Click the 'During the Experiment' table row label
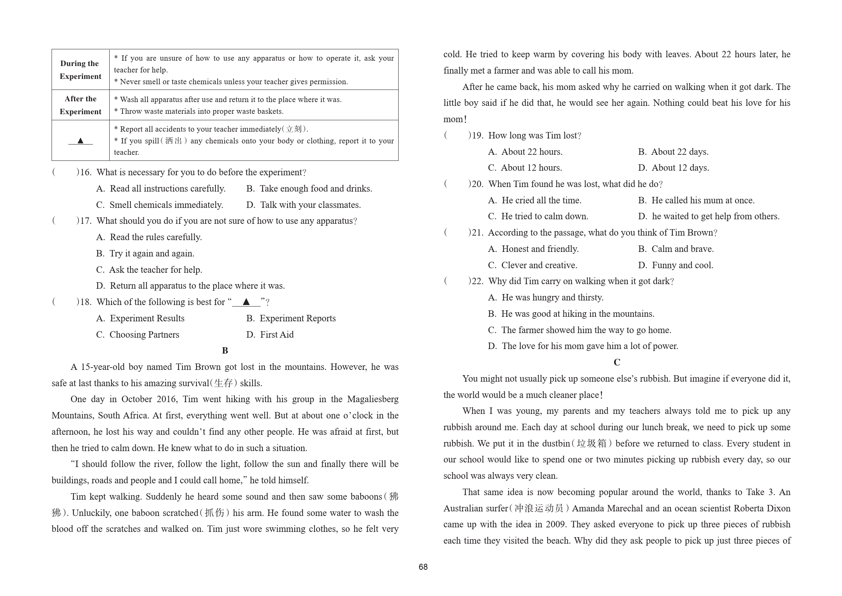pos(80,70)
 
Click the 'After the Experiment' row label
pos(80,105)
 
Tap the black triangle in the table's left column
pos(80,141)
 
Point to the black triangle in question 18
pos(246,302)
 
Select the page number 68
pos(423,567)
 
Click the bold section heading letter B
pos(225,351)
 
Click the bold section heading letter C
pos(617,363)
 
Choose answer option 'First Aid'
pos(276,335)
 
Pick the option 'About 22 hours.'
pos(532,152)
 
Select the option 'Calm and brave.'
pos(682,249)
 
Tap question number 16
pos(86,172)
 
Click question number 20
pos(478,184)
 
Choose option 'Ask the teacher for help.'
pos(156,270)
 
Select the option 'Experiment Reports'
pos(297,318)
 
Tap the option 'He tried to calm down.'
pos(545,216)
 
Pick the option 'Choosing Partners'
pos(144,335)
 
